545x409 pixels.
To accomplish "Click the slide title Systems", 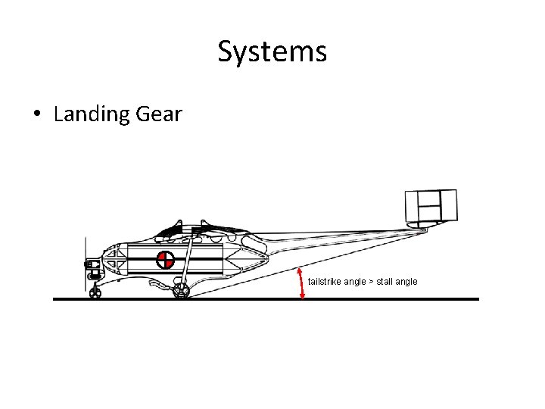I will coord(272,52).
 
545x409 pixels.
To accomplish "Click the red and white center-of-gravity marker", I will coord(165,260).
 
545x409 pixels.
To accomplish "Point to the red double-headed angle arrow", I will coord(303,284).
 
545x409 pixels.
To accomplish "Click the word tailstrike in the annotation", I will coord(325,282).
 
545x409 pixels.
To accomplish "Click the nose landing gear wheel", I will coord(95,292).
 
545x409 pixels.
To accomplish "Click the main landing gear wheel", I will coord(181,291).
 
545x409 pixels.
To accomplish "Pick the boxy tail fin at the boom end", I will coord(431,206).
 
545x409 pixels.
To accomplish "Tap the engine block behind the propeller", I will coord(94,264).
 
